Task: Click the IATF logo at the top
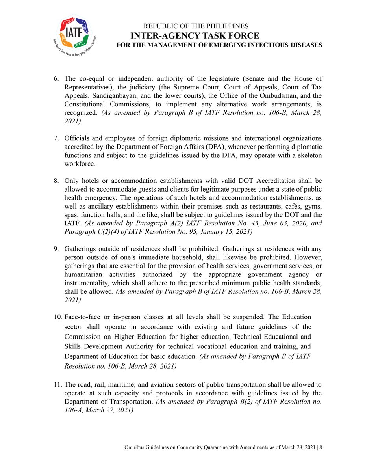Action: pyautogui.click(x=73, y=35)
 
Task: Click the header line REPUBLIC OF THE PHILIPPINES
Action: pyautogui.click(x=196, y=26)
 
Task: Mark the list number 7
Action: pyautogui.click(x=56, y=138)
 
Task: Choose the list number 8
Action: pyautogui.click(x=56, y=181)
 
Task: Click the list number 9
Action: pyautogui.click(x=56, y=249)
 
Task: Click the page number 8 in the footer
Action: pyautogui.click(x=321, y=448)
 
